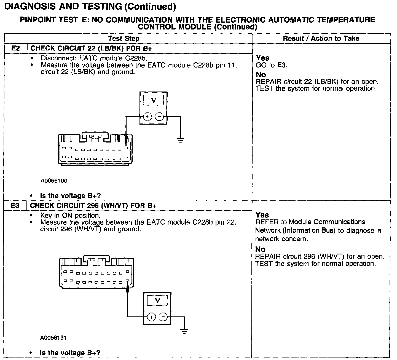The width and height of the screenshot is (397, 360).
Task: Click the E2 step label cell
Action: (x=15, y=48)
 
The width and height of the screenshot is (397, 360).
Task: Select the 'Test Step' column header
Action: (x=124, y=38)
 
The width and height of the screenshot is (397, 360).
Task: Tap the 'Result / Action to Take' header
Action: (x=321, y=38)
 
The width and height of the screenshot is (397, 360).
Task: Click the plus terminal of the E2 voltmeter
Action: (x=148, y=117)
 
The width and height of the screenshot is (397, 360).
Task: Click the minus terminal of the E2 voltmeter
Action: (x=159, y=117)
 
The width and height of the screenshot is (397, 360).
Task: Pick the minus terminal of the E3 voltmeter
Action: (x=163, y=317)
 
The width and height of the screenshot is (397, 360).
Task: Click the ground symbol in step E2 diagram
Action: (x=181, y=140)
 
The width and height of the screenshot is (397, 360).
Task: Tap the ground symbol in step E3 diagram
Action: (x=184, y=331)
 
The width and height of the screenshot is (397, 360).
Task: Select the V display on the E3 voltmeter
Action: (x=157, y=300)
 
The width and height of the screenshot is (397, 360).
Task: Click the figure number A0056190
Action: (x=54, y=181)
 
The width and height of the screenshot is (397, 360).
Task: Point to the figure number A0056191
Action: (x=53, y=338)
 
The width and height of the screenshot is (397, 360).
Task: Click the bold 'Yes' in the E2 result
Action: (x=262, y=58)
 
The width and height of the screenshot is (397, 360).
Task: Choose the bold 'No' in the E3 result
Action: (x=260, y=249)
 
